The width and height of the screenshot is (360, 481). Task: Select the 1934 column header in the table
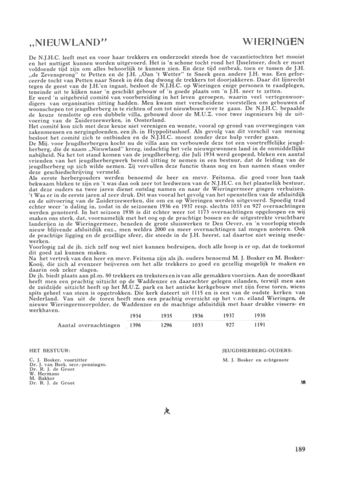(x=135, y=316)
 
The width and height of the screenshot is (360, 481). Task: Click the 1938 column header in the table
(x=260, y=316)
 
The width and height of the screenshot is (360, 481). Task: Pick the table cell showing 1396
(x=135, y=325)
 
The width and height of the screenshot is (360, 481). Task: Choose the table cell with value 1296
(x=166, y=325)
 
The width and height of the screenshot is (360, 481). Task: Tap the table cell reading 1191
(x=260, y=325)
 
